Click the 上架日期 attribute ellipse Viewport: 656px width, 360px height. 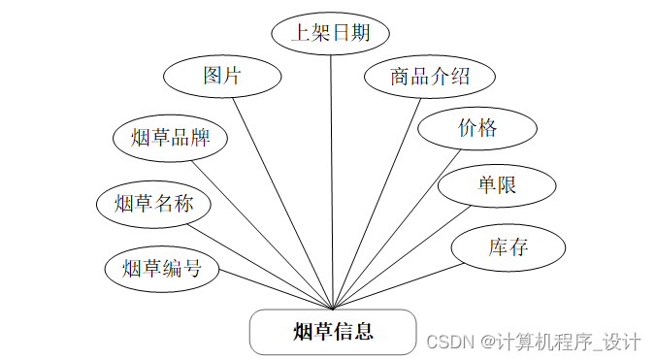point(330,32)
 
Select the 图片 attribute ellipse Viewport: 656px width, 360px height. point(222,76)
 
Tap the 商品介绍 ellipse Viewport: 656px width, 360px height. point(429,76)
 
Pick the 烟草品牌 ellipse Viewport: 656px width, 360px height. point(170,137)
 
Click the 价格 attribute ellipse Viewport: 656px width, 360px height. point(477,128)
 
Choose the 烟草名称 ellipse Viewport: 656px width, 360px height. point(154,204)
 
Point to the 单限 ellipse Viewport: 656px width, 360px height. point(496,185)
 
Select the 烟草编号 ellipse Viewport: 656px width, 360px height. point(162,269)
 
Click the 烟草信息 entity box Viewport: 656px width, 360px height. point(333,332)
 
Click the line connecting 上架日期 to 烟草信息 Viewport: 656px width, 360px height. point(332,175)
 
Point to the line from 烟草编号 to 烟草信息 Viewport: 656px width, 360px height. point(277,289)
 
